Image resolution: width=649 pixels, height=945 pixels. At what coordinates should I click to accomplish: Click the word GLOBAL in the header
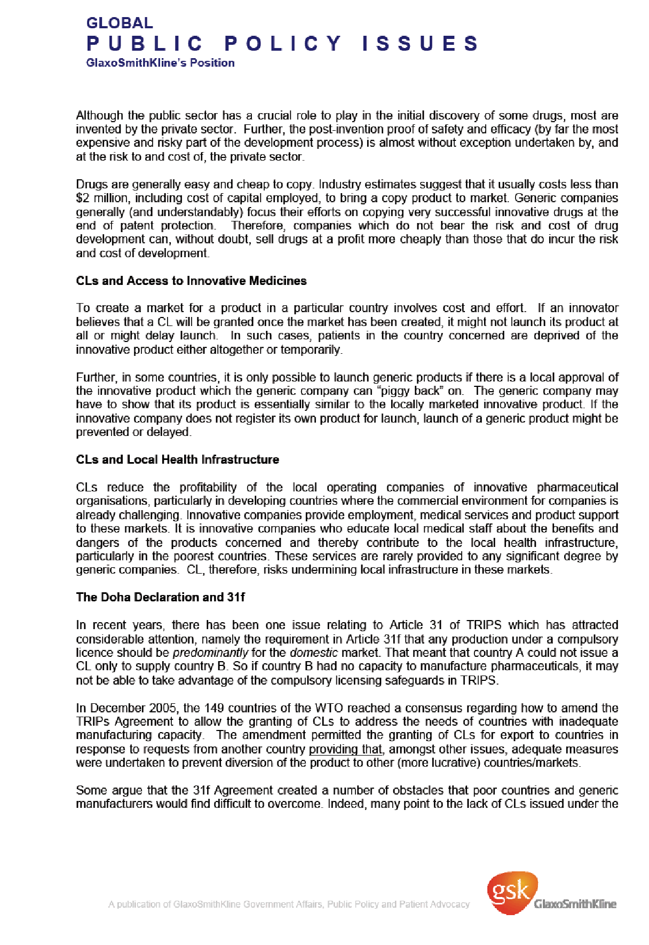pos(120,23)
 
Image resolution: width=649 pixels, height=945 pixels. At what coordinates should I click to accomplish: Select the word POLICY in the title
pos(283,44)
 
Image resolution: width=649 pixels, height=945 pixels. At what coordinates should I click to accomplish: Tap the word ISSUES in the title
pos(420,44)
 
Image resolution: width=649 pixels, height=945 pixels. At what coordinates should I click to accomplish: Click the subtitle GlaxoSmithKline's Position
pos(160,63)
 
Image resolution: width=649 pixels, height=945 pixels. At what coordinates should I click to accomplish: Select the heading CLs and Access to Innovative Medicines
pos(191,281)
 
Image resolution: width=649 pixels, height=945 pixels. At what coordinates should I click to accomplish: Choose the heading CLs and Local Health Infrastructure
pos(177,460)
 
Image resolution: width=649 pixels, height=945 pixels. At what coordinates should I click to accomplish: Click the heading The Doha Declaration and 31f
pos(160,597)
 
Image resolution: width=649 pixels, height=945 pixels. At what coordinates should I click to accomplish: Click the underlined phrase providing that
pos(346,750)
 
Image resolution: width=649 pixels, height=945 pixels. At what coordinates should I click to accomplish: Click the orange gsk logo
pos(510,893)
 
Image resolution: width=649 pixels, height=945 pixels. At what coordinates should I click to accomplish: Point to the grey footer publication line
pos(289,904)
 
